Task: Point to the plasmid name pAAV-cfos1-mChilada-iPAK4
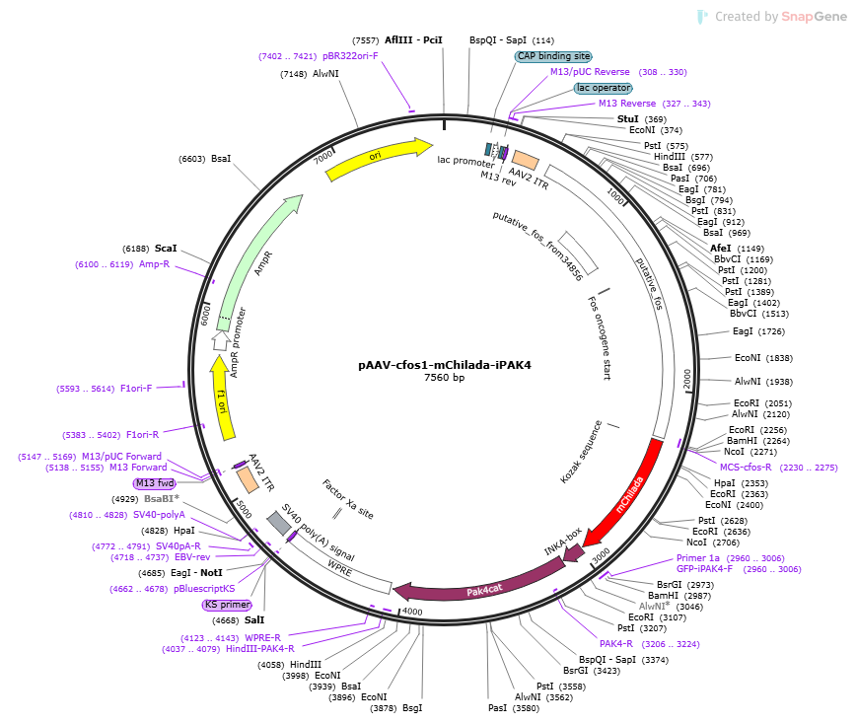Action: point(445,365)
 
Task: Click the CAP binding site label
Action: point(553,56)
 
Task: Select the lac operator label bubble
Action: point(604,88)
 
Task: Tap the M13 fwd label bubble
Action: point(155,483)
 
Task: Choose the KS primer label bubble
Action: point(228,605)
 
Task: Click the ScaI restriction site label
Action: point(166,249)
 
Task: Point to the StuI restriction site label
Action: point(627,119)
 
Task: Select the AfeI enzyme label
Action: point(720,249)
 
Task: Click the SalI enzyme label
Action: point(254,620)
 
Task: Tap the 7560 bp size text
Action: point(445,378)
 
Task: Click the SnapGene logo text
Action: point(815,17)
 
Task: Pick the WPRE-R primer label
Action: point(263,638)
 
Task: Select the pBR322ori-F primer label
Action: point(350,56)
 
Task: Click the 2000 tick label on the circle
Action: point(687,380)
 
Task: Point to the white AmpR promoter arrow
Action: point(221,340)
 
